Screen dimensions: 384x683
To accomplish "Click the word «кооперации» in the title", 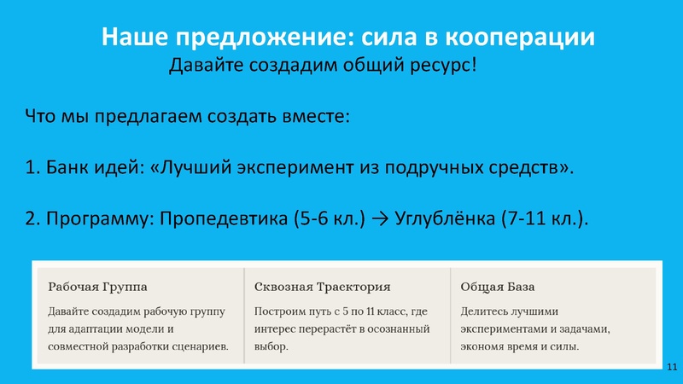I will click(x=522, y=38).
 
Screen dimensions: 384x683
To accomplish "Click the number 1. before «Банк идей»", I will click(x=32, y=167).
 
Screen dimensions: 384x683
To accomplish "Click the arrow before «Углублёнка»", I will click(x=381, y=218).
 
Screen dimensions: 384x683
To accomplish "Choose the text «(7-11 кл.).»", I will click(x=545, y=218).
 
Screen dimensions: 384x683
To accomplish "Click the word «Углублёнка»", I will click(x=441, y=218).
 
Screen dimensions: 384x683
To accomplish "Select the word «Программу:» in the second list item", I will click(x=90, y=218).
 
